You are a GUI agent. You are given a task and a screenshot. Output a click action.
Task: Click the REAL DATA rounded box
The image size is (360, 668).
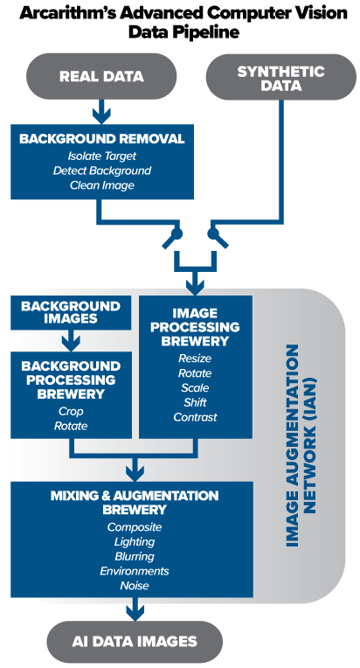[101, 76]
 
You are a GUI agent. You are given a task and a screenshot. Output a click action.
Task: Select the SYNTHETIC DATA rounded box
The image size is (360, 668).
[280, 77]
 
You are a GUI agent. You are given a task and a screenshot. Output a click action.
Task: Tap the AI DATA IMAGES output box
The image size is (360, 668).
[135, 641]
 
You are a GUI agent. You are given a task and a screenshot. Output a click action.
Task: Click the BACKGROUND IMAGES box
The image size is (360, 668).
[71, 312]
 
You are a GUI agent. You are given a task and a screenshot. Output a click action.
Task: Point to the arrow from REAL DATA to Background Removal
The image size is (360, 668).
[101, 112]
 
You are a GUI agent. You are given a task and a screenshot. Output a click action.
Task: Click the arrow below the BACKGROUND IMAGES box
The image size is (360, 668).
[71, 340]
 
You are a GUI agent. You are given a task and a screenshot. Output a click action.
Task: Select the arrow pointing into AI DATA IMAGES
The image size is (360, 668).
[135, 609]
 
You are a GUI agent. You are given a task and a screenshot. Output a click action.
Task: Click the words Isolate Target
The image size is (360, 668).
[102, 156]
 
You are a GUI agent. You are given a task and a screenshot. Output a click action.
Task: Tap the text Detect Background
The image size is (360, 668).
[102, 170]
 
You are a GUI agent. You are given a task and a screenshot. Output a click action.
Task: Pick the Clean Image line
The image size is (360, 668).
[102, 185]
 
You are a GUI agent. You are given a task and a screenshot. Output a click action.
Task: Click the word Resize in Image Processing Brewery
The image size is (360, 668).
[195, 358]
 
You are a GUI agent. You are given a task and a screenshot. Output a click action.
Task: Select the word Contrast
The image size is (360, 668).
[196, 417]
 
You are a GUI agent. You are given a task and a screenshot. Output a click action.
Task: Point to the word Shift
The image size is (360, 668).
[196, 402]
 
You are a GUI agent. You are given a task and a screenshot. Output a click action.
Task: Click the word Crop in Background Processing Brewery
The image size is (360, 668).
[71, 412]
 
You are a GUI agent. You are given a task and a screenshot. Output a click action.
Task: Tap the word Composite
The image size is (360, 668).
[135, 527]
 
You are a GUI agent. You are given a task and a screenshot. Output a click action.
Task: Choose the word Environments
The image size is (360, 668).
[135, 571]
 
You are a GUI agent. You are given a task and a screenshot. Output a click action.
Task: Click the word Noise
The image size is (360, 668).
[135, 585]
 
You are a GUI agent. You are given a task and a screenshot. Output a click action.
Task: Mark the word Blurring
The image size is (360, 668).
[135, 556]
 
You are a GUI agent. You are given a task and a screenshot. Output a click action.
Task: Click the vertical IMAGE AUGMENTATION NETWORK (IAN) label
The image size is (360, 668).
[301, 445]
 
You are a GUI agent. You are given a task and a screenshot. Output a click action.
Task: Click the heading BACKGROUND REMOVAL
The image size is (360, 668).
[102, 139]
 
